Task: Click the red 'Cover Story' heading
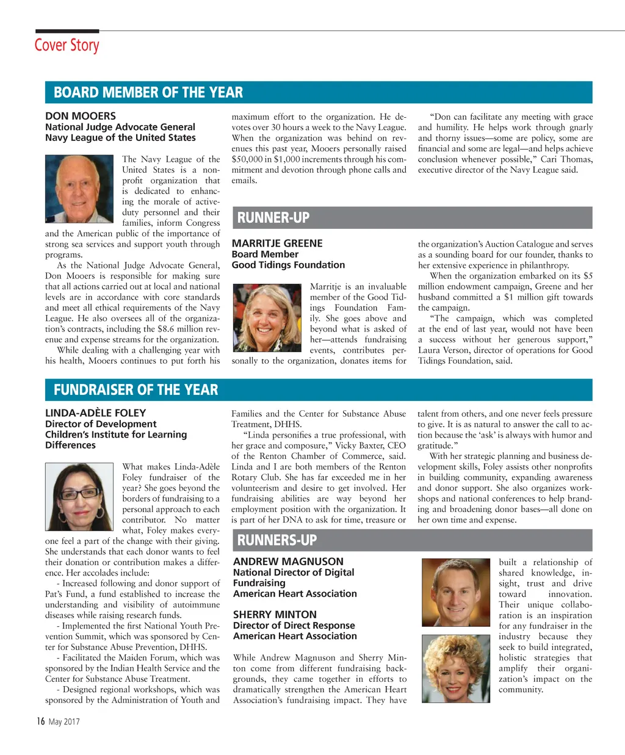point(67,46)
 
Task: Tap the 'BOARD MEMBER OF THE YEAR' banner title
point(148,93)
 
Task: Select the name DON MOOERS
point(81,116)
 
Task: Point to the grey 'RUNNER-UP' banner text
point(273,218)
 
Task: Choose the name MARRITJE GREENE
point(277,244)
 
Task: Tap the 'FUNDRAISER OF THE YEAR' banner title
point(135,390)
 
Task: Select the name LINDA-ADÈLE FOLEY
point(96,413)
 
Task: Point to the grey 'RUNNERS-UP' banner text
point(276,540)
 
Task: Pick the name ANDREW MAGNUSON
point(288,562)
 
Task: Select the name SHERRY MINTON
point(275,615)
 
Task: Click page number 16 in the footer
point(40,721)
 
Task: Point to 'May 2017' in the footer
point(64,722)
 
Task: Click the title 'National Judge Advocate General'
point(120,127)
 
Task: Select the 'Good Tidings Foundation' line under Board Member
point(288,265)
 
